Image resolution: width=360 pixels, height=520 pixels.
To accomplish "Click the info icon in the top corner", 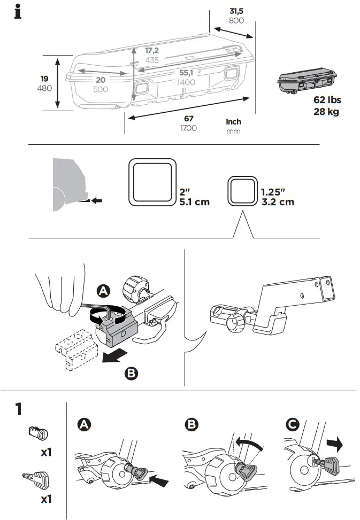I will click(x=18, y=12).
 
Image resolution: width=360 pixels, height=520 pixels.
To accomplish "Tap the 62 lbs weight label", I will click(x=327, y=100).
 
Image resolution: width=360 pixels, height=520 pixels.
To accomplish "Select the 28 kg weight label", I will click(x=326, y=112).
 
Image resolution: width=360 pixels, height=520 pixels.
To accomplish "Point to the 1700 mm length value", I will click(x=188, y=128).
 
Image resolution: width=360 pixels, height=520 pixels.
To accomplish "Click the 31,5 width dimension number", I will click(x=236, y=11).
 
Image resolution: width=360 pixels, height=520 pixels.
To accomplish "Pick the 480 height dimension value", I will click(x=44, y=88).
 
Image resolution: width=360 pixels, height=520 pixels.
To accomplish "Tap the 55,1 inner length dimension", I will click(x=187, y=72).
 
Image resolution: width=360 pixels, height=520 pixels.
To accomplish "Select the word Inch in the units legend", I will click(x=234, y=122).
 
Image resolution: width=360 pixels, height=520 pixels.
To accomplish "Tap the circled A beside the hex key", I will click(x=103, y=291).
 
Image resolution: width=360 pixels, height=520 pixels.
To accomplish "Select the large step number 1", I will click(x=18, y=410).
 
